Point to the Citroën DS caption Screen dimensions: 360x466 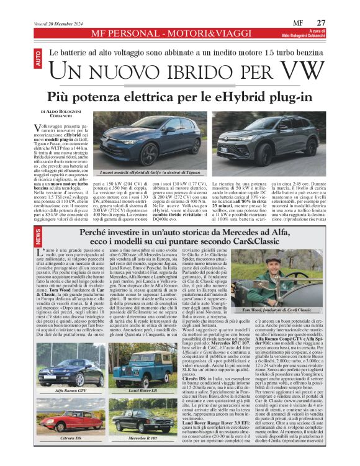68,437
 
